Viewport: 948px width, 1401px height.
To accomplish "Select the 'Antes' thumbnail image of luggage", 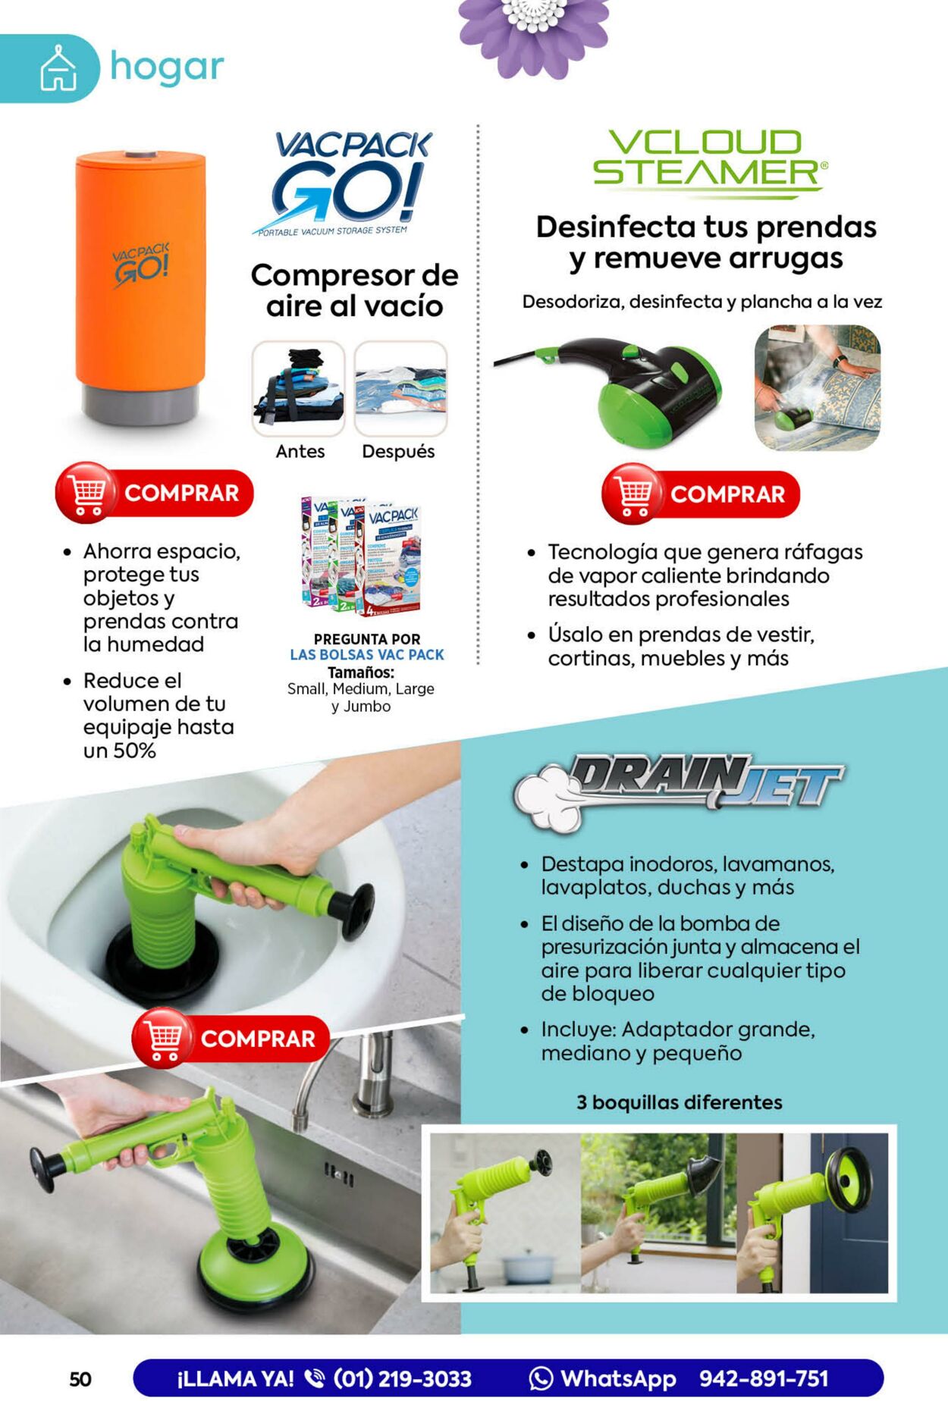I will (298, 388).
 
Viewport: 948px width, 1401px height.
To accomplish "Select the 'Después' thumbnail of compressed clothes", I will (400, 388).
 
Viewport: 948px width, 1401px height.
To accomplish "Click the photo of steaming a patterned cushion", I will (818, 387).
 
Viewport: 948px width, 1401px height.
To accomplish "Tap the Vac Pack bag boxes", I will (362, 557).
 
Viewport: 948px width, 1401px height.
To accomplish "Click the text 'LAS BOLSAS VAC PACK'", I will (367, 655).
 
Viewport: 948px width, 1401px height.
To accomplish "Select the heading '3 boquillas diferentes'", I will (679, 1102).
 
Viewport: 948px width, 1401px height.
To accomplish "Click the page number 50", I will (80, 1379).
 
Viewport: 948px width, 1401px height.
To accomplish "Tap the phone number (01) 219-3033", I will (402, 1379).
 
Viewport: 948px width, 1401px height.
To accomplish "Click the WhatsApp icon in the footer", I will (541, 1378).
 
